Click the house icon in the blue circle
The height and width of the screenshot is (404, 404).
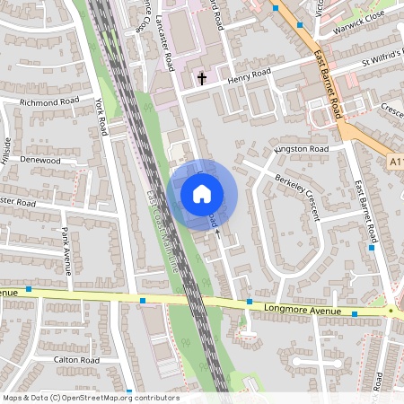click(202, 193)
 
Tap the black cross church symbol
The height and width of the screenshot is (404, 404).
click(201, 79)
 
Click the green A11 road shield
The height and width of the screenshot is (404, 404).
click(398, 161)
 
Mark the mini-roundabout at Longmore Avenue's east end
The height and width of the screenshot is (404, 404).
click(391, 311)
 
